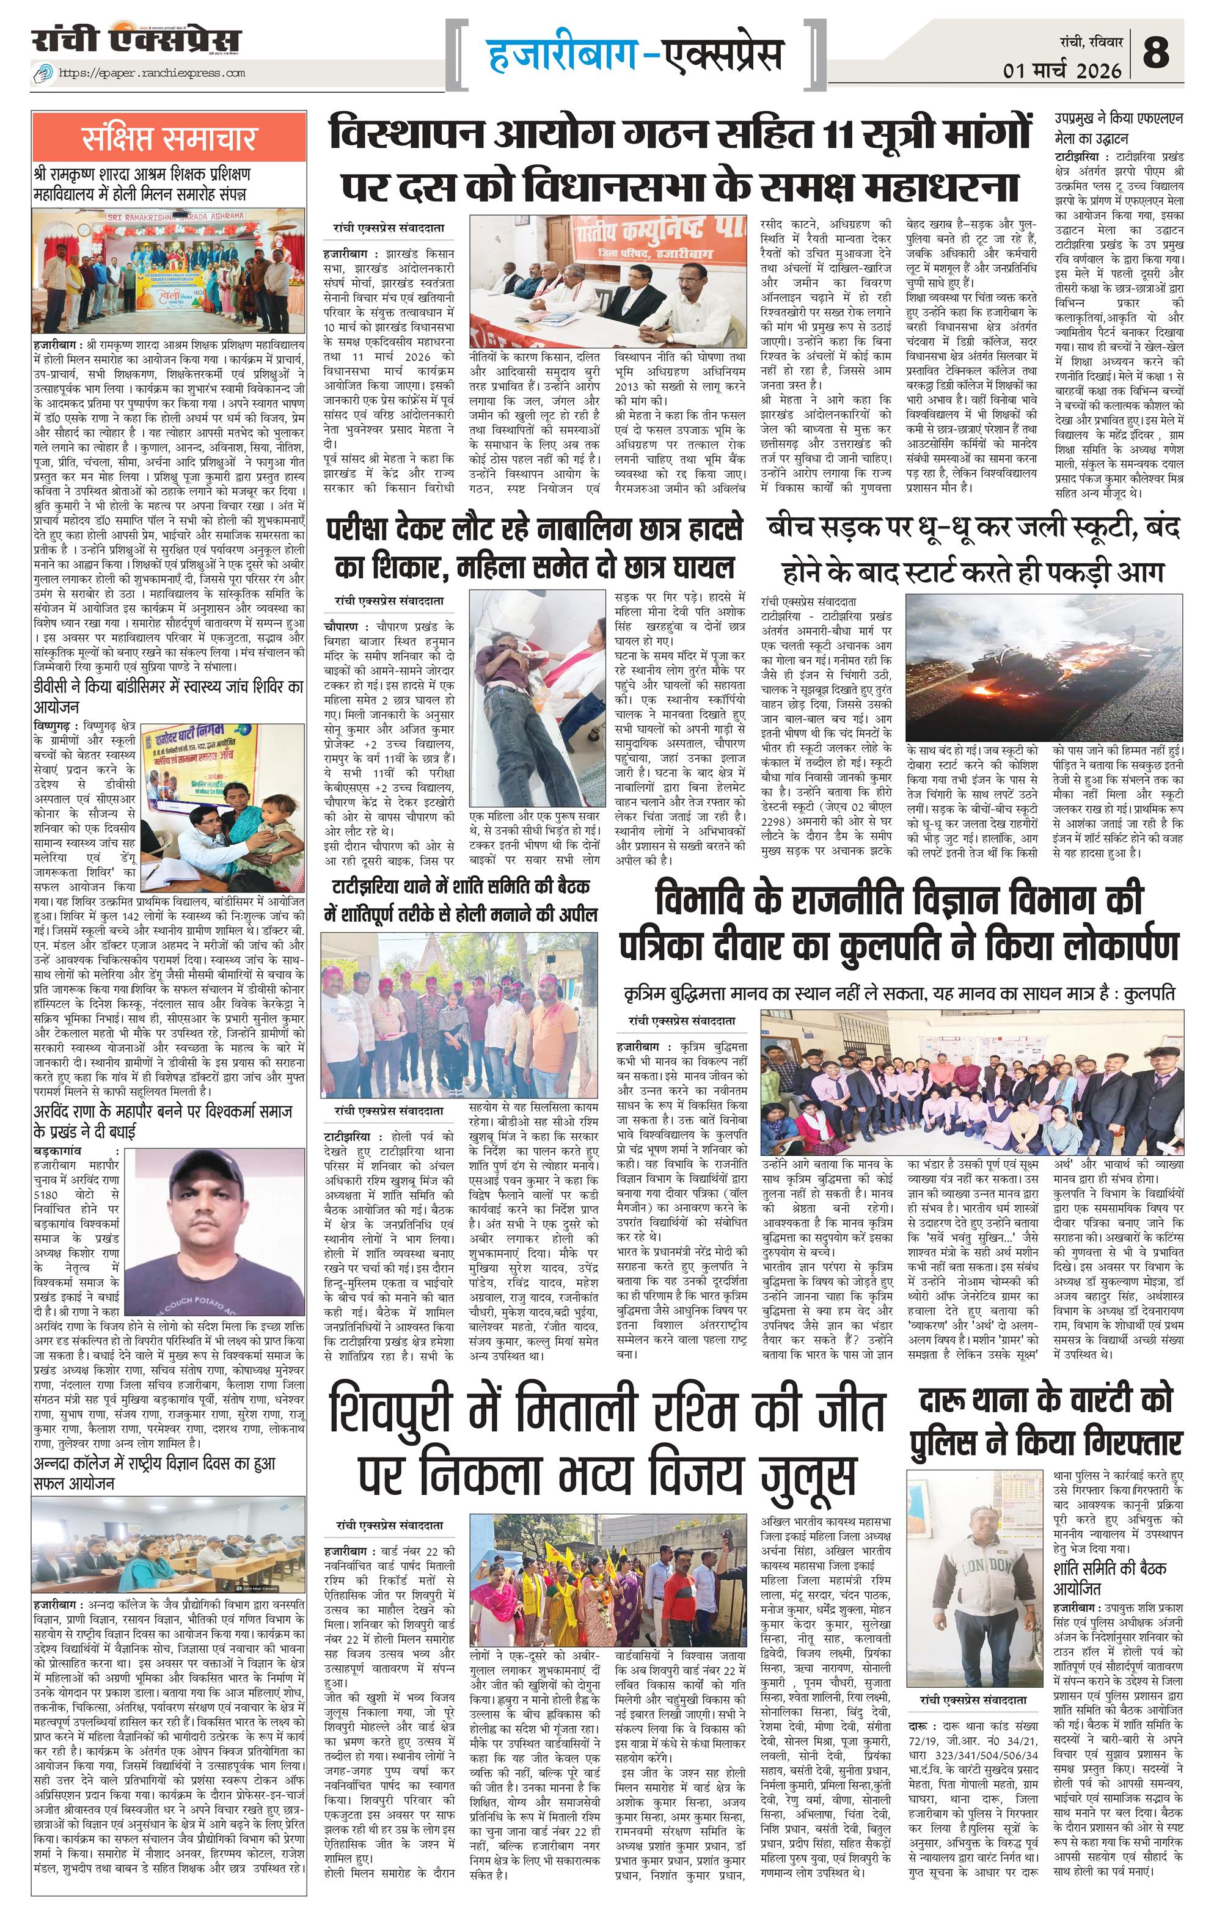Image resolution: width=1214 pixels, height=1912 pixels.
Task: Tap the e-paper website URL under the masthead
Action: coord(152,73)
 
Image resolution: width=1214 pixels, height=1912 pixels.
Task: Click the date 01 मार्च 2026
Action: coord(1062,71)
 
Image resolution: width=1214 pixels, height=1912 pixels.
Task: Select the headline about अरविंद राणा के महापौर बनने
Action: coord(163,1120)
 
